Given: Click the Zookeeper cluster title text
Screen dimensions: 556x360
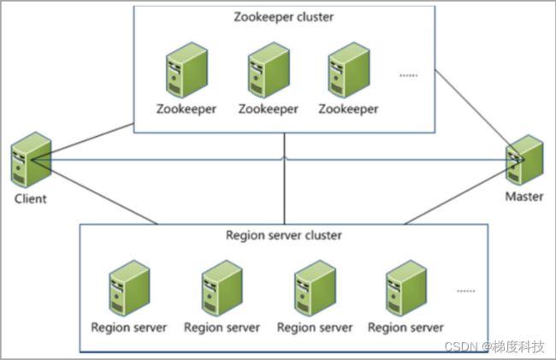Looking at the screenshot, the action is tap(284, 17).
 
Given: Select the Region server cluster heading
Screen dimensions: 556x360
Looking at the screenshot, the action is tap(284, 235).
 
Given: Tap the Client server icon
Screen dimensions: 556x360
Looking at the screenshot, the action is tap(31, 160).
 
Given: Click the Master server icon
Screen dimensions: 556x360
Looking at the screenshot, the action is tap(524, 160).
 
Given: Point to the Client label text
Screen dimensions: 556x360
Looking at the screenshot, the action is tap(31, 198).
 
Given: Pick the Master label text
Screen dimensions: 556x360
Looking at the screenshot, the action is tap(524, 197).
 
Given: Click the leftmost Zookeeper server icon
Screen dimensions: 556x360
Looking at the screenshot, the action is tap(186, 70).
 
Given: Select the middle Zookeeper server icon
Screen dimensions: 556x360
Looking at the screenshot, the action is tap(269, 70).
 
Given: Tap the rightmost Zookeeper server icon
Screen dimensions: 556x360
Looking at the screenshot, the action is tap(349, 70).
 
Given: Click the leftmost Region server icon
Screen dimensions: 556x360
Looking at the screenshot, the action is tap(129, 288).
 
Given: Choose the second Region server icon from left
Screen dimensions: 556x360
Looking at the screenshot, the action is tap(222, 288).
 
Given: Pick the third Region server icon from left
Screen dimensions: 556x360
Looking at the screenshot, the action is tap(315, 288).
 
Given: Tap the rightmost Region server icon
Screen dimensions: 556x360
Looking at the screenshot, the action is tap(406, 288).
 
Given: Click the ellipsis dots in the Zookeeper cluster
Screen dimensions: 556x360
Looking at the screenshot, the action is tap(409, 75).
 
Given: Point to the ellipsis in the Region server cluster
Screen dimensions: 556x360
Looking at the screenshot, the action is tap(465, 291).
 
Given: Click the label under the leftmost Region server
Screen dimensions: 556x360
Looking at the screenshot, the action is tap(128, 328).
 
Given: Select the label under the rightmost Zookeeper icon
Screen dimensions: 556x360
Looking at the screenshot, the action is tap(348, 109).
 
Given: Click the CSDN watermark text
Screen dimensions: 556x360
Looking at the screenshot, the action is tap(494, 346).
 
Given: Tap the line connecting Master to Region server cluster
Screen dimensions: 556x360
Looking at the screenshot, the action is tap(464, 192).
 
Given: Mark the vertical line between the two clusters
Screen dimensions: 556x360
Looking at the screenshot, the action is tap(284, 179).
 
